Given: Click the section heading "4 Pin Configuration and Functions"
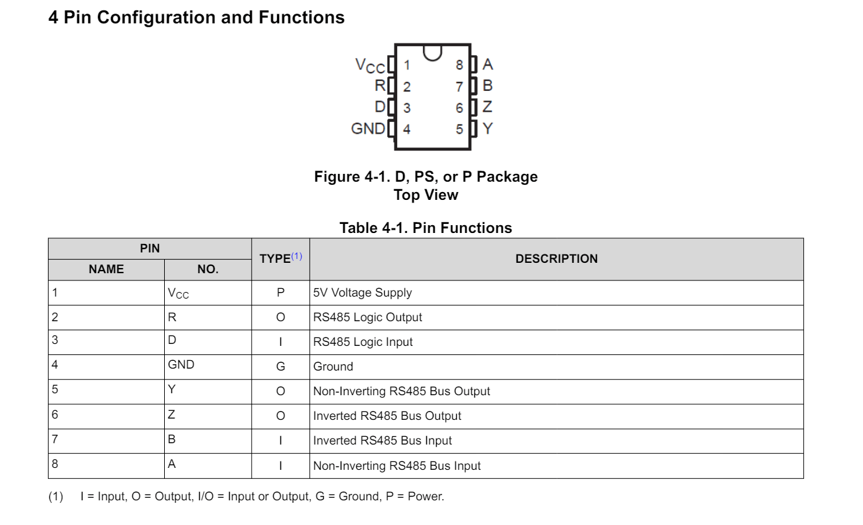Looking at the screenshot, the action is [x=196, y=18].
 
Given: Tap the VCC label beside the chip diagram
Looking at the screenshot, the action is [x=370, y=66].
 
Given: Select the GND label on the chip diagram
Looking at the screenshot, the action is [x=368, y=128].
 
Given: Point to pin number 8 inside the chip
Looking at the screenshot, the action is [x=459, y=65].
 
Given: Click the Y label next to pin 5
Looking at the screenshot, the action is [x=488, y=128].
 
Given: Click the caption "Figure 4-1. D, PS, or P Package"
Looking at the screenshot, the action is [x=426, y=177].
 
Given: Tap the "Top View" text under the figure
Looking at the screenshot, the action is [x=426, y=195].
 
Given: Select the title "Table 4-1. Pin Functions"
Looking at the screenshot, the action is [x=426, y=228].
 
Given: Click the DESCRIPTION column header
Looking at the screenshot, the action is [x=556, y=259].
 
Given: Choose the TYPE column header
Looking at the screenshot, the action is [x=275, y=259].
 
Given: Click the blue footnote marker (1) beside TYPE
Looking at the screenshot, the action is [x=297, y=256].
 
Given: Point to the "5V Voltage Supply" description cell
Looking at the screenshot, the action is [x=362, y=293].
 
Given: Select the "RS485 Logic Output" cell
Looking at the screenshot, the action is [x=367, y=317].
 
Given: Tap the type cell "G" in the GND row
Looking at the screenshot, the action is [x=280, y=367].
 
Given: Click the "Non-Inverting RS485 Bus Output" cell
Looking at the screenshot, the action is [x=402, y=391].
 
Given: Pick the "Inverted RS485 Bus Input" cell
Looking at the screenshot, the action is [x=382, y=441].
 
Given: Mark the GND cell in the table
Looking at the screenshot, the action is [x=181, y=365].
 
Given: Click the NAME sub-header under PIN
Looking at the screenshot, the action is [x=106, y=269].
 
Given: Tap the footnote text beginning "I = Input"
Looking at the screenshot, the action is [x=262, y=496].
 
